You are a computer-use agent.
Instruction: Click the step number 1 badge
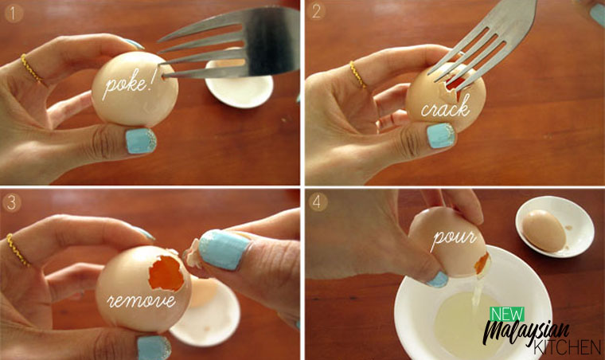[x=14, y=14]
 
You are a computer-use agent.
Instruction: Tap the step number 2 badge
[x=316, y=12]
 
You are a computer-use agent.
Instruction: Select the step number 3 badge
[x=12, y=202]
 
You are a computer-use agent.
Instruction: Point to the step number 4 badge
[x=318, y=202]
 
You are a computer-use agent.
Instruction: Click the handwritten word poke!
[x=127, y=84]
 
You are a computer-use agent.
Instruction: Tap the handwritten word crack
[x=446, y=107]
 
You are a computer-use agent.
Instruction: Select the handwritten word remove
[x=141, y=300]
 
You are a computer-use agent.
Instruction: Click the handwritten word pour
[x=454, y=237]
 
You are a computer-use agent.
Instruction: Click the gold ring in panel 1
[x=32, y=68]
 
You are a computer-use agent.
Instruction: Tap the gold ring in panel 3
[x=18, y=250]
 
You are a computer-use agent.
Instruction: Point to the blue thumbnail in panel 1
[x=141, y=141]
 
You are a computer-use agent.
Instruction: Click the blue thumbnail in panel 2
[x=441, y=135]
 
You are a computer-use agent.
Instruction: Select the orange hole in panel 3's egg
[x=166, y=273]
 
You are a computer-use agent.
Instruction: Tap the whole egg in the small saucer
[x=544, y=230]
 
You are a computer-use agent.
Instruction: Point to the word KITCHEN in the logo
[x=567, y=347]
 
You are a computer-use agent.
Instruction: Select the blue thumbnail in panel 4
[x=438, y=280]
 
